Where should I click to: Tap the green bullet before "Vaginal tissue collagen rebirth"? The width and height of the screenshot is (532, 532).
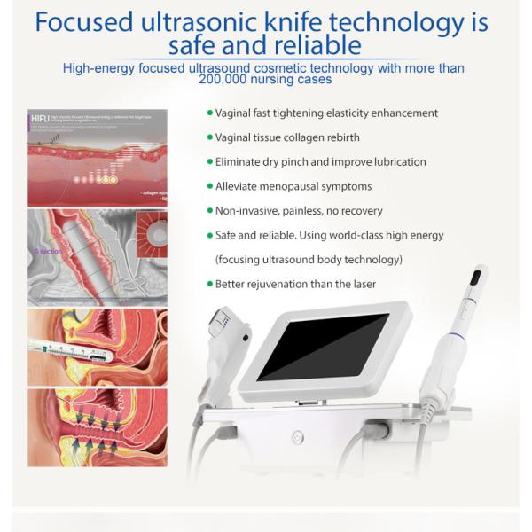pos(209,137)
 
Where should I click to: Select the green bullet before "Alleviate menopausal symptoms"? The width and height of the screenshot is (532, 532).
pos(209,186)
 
